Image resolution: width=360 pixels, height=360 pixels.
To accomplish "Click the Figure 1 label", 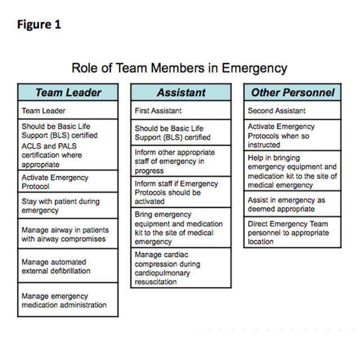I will (x=39, y=24).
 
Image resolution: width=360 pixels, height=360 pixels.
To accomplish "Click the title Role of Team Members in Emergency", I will (x=179, y=68).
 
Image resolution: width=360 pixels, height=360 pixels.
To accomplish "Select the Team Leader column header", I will (x=68, y=93).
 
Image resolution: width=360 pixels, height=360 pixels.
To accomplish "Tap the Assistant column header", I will (x=181, y=93).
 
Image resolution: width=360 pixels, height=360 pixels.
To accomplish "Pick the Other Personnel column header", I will (x=292, y=93).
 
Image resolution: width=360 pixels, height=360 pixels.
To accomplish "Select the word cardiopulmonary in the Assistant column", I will (x=163, y=273).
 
